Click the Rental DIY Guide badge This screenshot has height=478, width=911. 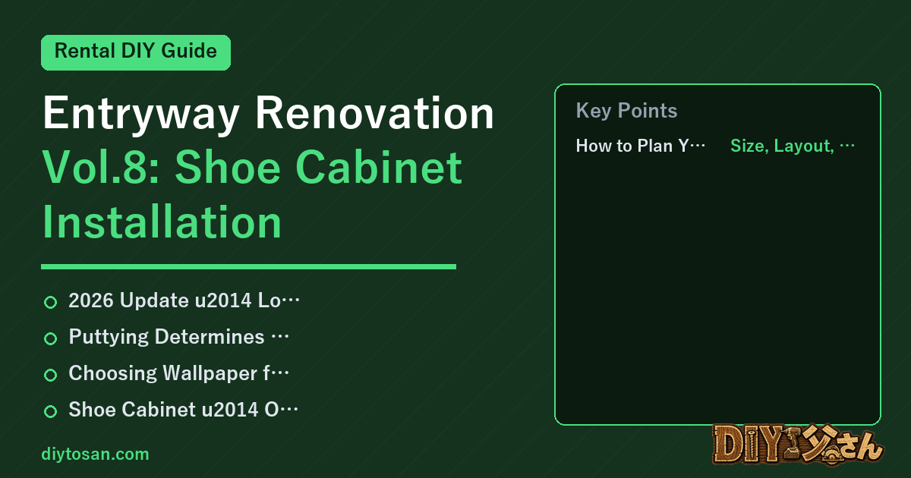tap(136, 52)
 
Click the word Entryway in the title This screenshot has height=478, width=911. tap(140, 114)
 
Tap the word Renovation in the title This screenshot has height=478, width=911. tap(374, 113)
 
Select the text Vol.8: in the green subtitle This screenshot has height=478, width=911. tap(100, 168)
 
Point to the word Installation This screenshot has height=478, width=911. tap(162, 222)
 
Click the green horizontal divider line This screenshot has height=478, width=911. tap(248, 266)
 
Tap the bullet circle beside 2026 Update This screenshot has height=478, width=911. tap(50, 302)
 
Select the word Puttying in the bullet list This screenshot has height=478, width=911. tap(109, 338)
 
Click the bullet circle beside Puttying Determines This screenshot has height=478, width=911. tap(50, 338)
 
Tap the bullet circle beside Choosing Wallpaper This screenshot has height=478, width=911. tap(50, 375)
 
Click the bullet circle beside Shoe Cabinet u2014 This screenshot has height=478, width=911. tap(50, 411)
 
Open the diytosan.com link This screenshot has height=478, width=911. tap(95, 454)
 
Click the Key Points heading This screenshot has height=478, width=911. tap(626, 111)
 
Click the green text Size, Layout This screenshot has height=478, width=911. tap(782, 146)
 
